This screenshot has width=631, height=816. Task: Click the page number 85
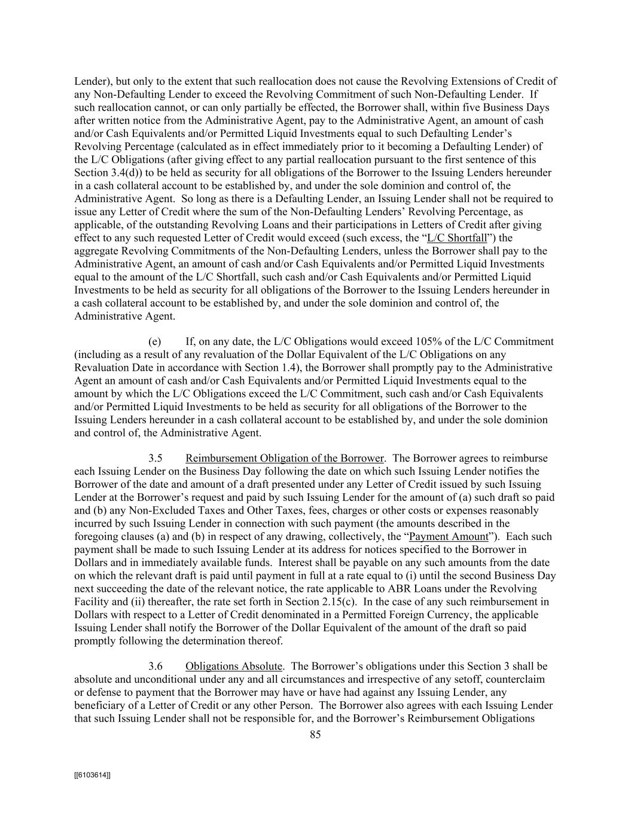click(x=315, y=735)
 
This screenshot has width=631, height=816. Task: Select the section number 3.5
click(x=156, y=459)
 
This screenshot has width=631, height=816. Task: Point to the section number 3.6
click(x=156, y=666)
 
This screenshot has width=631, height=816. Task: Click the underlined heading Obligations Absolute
click(x=233, y=666)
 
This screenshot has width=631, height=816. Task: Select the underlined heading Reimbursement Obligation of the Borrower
click(x=284, y=459)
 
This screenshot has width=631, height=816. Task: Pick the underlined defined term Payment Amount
click(x=449, y=536)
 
